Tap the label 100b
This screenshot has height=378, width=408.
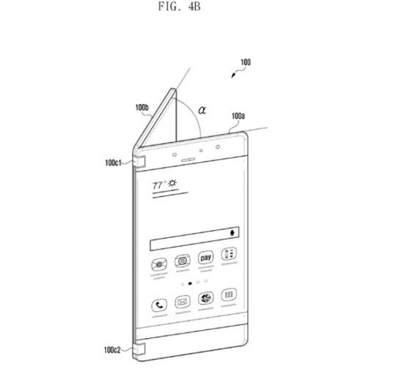142,107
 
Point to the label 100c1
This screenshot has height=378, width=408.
114,163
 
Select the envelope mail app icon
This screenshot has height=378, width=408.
182,303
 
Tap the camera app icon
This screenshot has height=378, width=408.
182,261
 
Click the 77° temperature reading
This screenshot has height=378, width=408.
159,185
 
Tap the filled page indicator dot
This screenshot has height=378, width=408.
190,283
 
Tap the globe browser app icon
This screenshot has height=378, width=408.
205,298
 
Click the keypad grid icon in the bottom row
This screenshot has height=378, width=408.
228,295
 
